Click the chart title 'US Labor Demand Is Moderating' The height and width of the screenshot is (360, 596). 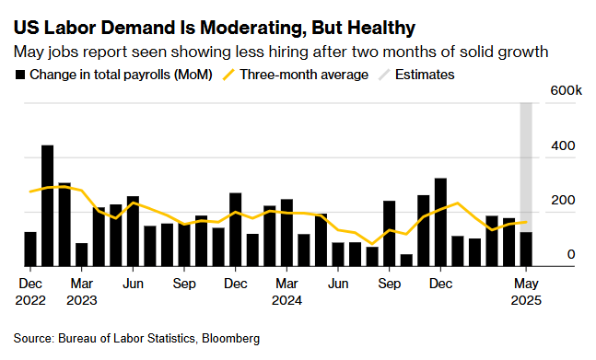click(x=207, y=27)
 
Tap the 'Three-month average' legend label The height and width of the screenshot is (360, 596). click(x=304, y=75)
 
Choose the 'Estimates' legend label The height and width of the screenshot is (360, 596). click(x=425, y=75)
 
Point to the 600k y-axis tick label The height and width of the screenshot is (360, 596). click(x=565, y=91)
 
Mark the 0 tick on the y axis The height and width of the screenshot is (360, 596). click(x=571, y=255)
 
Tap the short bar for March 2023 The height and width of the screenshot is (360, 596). click(x=81, y=255)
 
